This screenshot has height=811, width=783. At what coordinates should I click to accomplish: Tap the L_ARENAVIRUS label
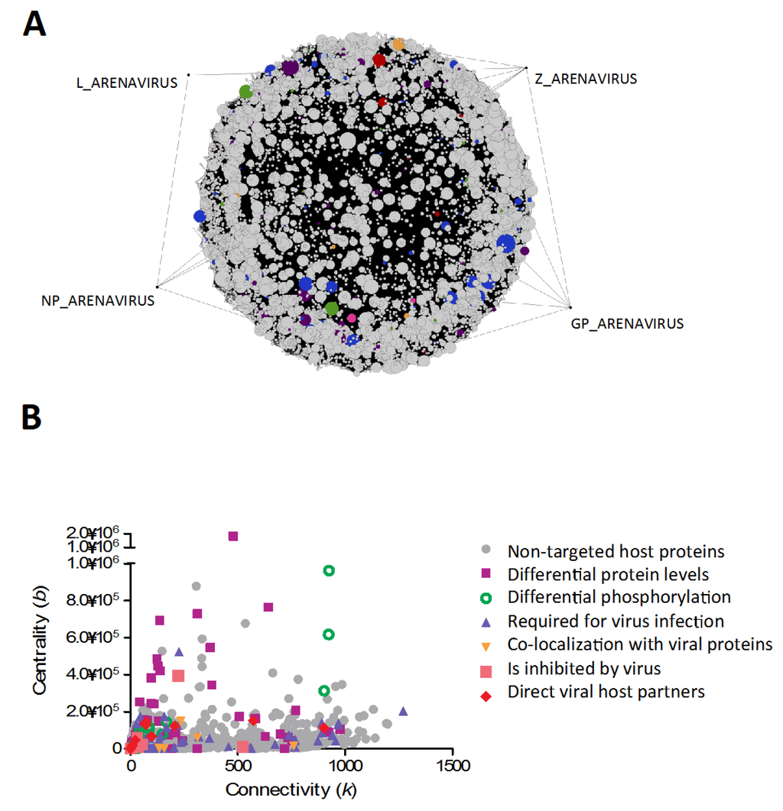pos(125,82)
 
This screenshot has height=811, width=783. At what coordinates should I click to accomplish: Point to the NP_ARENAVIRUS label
pos(98,300)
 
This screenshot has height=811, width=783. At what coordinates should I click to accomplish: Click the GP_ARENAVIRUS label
pos(627,323)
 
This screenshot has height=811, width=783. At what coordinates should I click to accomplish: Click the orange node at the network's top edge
pos(398,44)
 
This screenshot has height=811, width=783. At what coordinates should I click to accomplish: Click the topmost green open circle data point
pos(329,570)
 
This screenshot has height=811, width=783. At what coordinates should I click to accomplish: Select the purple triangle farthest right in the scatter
pos(403,710)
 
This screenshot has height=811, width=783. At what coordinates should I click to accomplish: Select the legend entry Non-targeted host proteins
pos(616,550)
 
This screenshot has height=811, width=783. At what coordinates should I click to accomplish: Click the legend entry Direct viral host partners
pos(606,692)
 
